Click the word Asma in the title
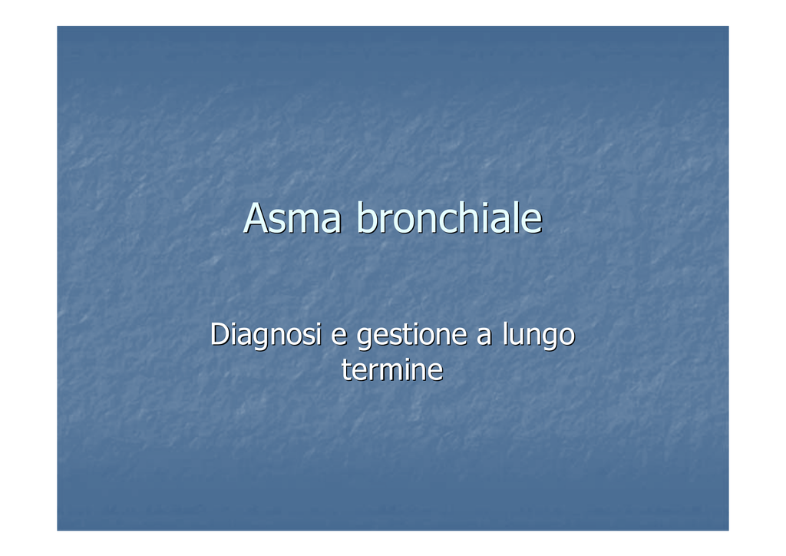(292, 218)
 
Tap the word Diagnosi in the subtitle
(266, 336)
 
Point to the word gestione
(412, 336)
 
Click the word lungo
(539, 336)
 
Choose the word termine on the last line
(392, 370)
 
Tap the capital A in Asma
(256, 218)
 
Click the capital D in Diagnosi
(220, 334)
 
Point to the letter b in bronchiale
(367, 217)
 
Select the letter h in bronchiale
(465, 217)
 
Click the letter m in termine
(389, 373)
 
